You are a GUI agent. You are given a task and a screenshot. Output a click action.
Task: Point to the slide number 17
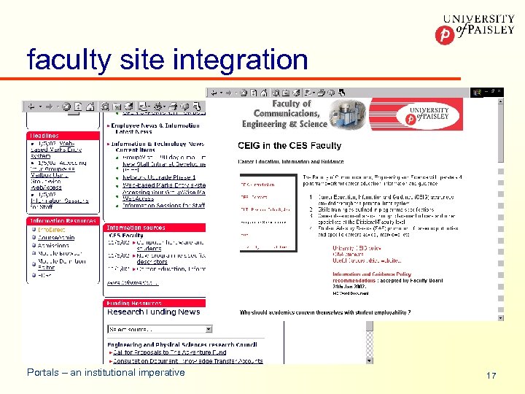point(491,376)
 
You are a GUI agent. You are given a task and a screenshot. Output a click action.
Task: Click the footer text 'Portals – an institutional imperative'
point(106,373)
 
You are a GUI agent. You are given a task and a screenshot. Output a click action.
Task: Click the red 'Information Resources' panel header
point(63,221)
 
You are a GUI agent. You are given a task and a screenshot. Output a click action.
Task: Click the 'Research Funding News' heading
point(154,312)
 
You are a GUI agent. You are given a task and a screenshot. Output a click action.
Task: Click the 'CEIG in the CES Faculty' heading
point(289,146)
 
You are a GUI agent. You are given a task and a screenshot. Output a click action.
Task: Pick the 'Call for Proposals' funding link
point(168,352)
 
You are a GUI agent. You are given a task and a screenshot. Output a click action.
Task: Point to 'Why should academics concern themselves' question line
point(324,312)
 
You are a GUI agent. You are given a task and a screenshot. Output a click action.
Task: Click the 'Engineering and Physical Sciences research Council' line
point(166,345)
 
